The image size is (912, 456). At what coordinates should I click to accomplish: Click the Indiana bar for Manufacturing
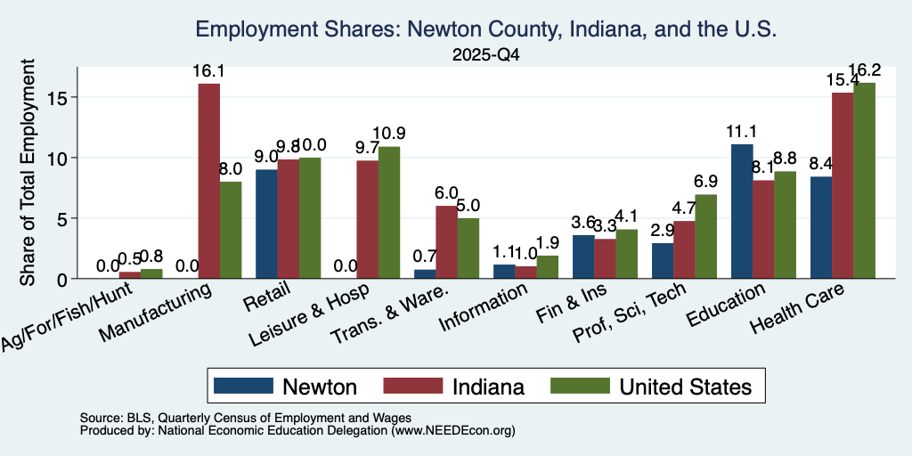point(209,181)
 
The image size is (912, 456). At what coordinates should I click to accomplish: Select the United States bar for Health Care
point(864,180)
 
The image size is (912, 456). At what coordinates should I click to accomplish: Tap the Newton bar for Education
point(742,211)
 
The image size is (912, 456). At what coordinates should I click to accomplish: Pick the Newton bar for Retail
point(266,224)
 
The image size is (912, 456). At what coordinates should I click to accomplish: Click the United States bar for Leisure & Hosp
point(389,212)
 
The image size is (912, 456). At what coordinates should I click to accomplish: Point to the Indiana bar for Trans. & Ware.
point(447,242)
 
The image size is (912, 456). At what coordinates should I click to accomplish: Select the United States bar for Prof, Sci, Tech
point(705,236)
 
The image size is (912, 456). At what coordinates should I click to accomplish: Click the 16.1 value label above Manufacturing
point(209,71)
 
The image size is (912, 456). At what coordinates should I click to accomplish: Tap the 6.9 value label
point(705,182)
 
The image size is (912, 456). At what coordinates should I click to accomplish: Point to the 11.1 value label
point(742,132)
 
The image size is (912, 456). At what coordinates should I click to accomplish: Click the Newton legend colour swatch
point(243,386)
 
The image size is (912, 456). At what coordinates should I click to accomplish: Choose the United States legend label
point(685,387)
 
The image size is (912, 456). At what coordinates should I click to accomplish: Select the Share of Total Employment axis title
point(28,172)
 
